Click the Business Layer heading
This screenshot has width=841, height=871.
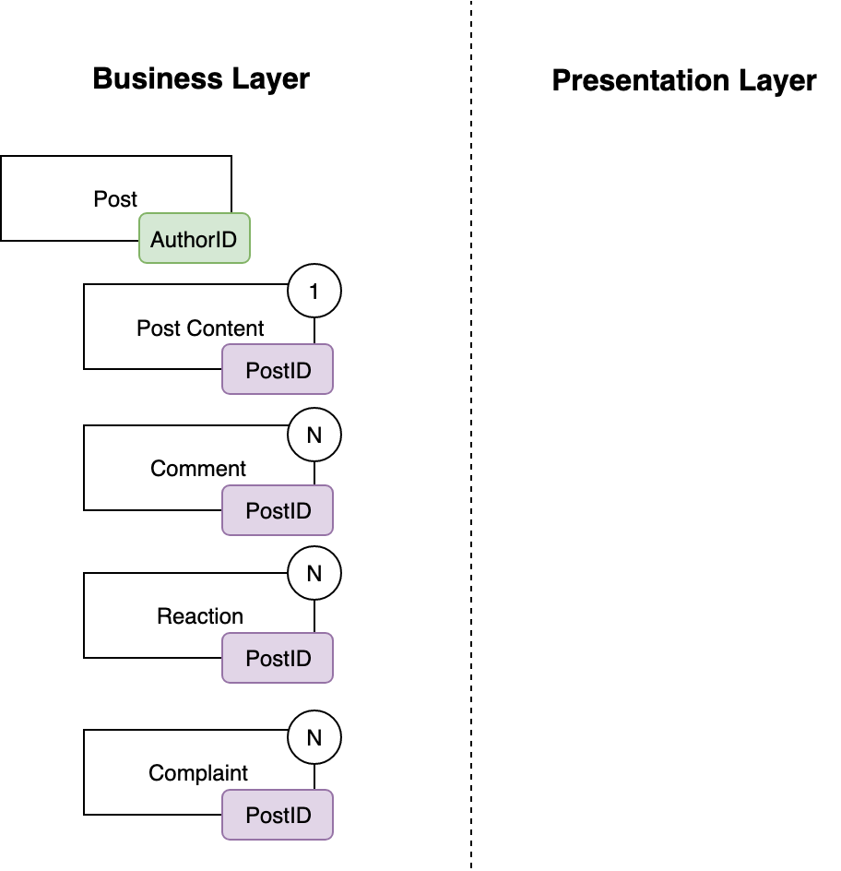[201, 78]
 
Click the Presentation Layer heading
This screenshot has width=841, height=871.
[683, 81]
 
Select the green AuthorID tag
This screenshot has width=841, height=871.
[194, 240]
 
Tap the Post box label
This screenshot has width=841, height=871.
[115, 199]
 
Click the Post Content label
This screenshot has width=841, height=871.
[200, 328]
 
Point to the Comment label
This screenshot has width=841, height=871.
[198, 469]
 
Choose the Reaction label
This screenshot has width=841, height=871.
[200, 616]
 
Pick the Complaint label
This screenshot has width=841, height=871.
[198, 773]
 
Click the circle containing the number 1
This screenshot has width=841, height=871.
[314, 292]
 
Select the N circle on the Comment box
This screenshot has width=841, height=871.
[314, 435]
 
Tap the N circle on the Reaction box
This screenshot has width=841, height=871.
[314, 573]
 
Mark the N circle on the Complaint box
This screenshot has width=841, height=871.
[314, 738]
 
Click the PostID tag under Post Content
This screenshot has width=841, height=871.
[278, 370]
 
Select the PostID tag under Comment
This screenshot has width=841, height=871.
[278, 511]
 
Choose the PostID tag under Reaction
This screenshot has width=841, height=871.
[278, 659]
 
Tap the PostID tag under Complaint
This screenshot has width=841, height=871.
[278, 816]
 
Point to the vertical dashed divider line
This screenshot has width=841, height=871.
[471, 461]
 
